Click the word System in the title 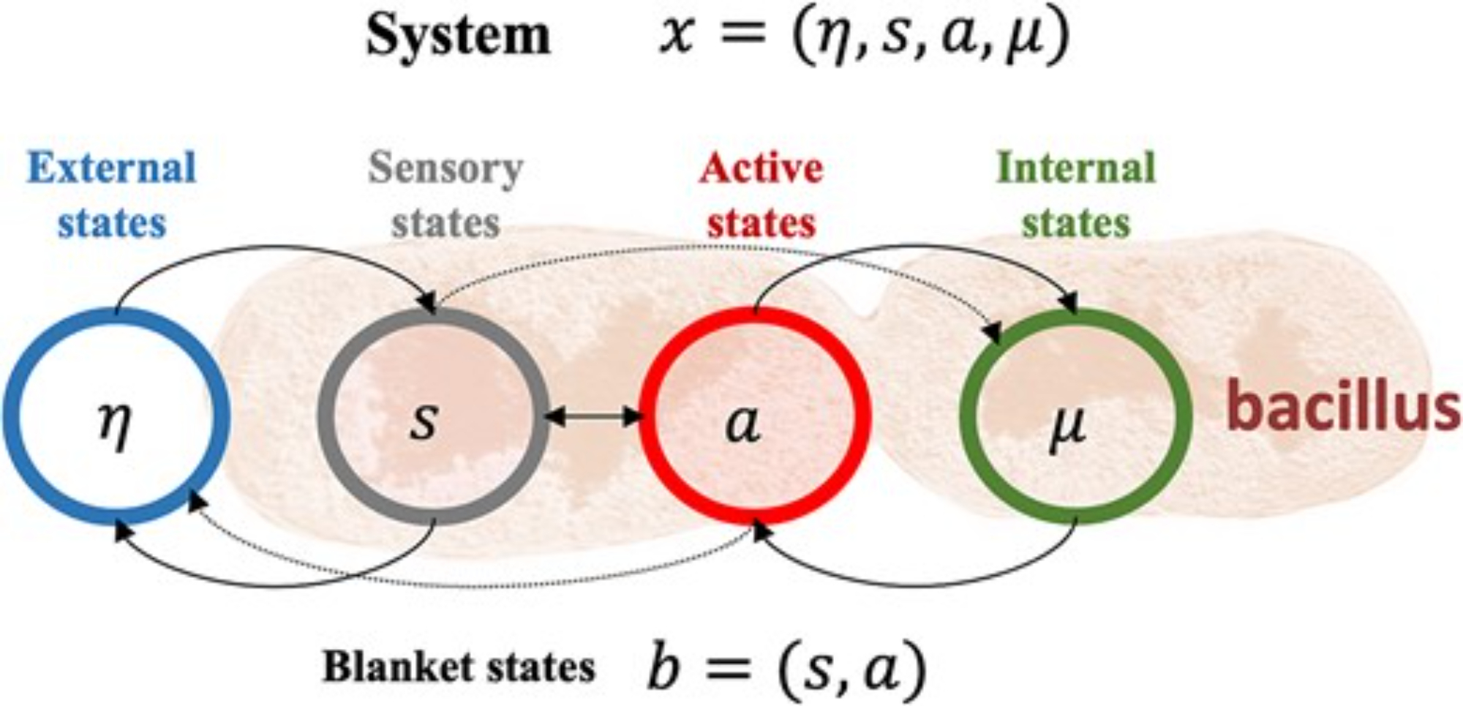click(458, 35)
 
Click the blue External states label click(112, 195)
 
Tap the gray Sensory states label click(445, 195)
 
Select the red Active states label click(761, 195)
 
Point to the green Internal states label click(1076, 195)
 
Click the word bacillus click(1343, 407)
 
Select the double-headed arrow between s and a click(593, 417)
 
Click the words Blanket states click(459, 666)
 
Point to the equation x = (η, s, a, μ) click(864, 35)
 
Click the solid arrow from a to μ click(914, 247)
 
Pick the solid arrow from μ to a click(914, 585)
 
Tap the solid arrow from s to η click(278, 585)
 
